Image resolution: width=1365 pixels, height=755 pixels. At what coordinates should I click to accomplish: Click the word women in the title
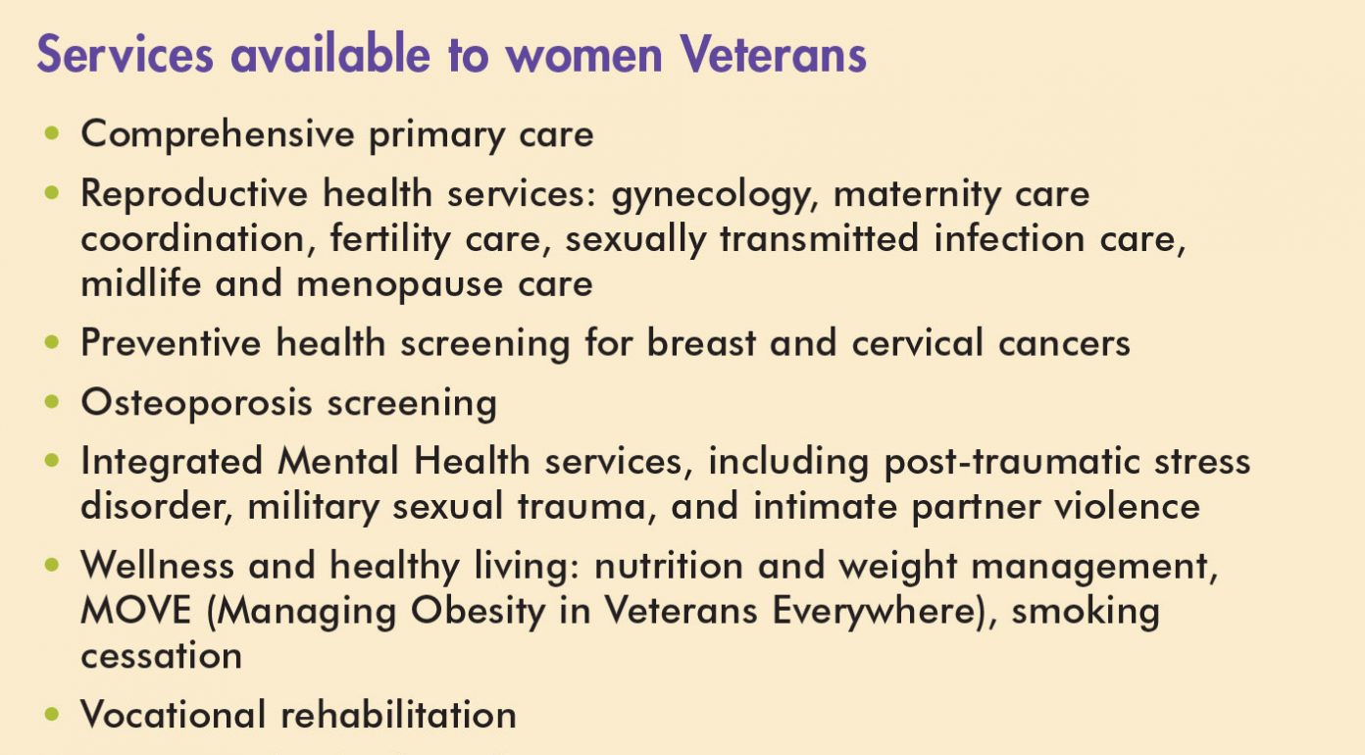point(583,56)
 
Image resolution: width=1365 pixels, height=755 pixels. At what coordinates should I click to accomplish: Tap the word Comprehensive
point(218,135)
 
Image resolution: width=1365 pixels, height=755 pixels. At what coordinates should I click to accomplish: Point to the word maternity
point(916,194)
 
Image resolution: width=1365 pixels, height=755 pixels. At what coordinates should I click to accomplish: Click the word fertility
point(390,239)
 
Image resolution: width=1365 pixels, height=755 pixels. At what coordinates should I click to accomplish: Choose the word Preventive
point(172,342)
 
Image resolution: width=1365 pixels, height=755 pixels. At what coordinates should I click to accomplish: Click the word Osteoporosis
point(197,403)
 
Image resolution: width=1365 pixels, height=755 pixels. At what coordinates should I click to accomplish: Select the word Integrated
point(172,462)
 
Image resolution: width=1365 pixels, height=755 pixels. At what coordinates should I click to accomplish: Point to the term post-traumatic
point(1012,462)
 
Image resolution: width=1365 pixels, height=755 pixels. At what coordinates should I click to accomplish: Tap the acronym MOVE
point(136,611)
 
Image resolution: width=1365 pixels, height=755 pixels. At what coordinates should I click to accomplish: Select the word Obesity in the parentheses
point(479,611)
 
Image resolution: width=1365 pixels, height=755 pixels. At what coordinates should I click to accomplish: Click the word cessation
point(162,656)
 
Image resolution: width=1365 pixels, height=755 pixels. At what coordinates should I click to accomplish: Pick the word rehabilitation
point(398,714)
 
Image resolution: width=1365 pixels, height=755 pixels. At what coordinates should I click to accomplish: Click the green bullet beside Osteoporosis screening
point(52,402)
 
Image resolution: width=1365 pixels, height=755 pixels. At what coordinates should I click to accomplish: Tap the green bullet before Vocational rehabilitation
point(52,714)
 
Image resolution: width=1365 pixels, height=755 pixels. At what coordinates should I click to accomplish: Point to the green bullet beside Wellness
point(52,564)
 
